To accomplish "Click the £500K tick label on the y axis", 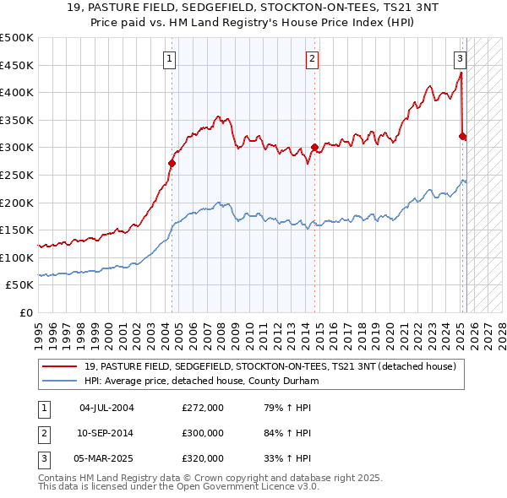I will [x=17, y=38].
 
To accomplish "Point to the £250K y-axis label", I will [x=17, y=175].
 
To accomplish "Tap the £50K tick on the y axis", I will [x=20, y=285].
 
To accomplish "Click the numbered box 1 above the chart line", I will [x=171, y=58].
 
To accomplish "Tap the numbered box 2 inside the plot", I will [x=312, y=58].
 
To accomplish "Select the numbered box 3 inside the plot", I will [x=460, y=58].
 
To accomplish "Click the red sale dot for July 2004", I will [x=172, y=163].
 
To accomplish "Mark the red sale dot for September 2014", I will [x=314, y=148].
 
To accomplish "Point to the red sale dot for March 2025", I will [x=462, y=136].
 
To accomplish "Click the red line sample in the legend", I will [x=60, y=366].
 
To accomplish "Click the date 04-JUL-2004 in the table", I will [x=106, y=408].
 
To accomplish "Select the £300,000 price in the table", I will [x=203, y=433].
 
